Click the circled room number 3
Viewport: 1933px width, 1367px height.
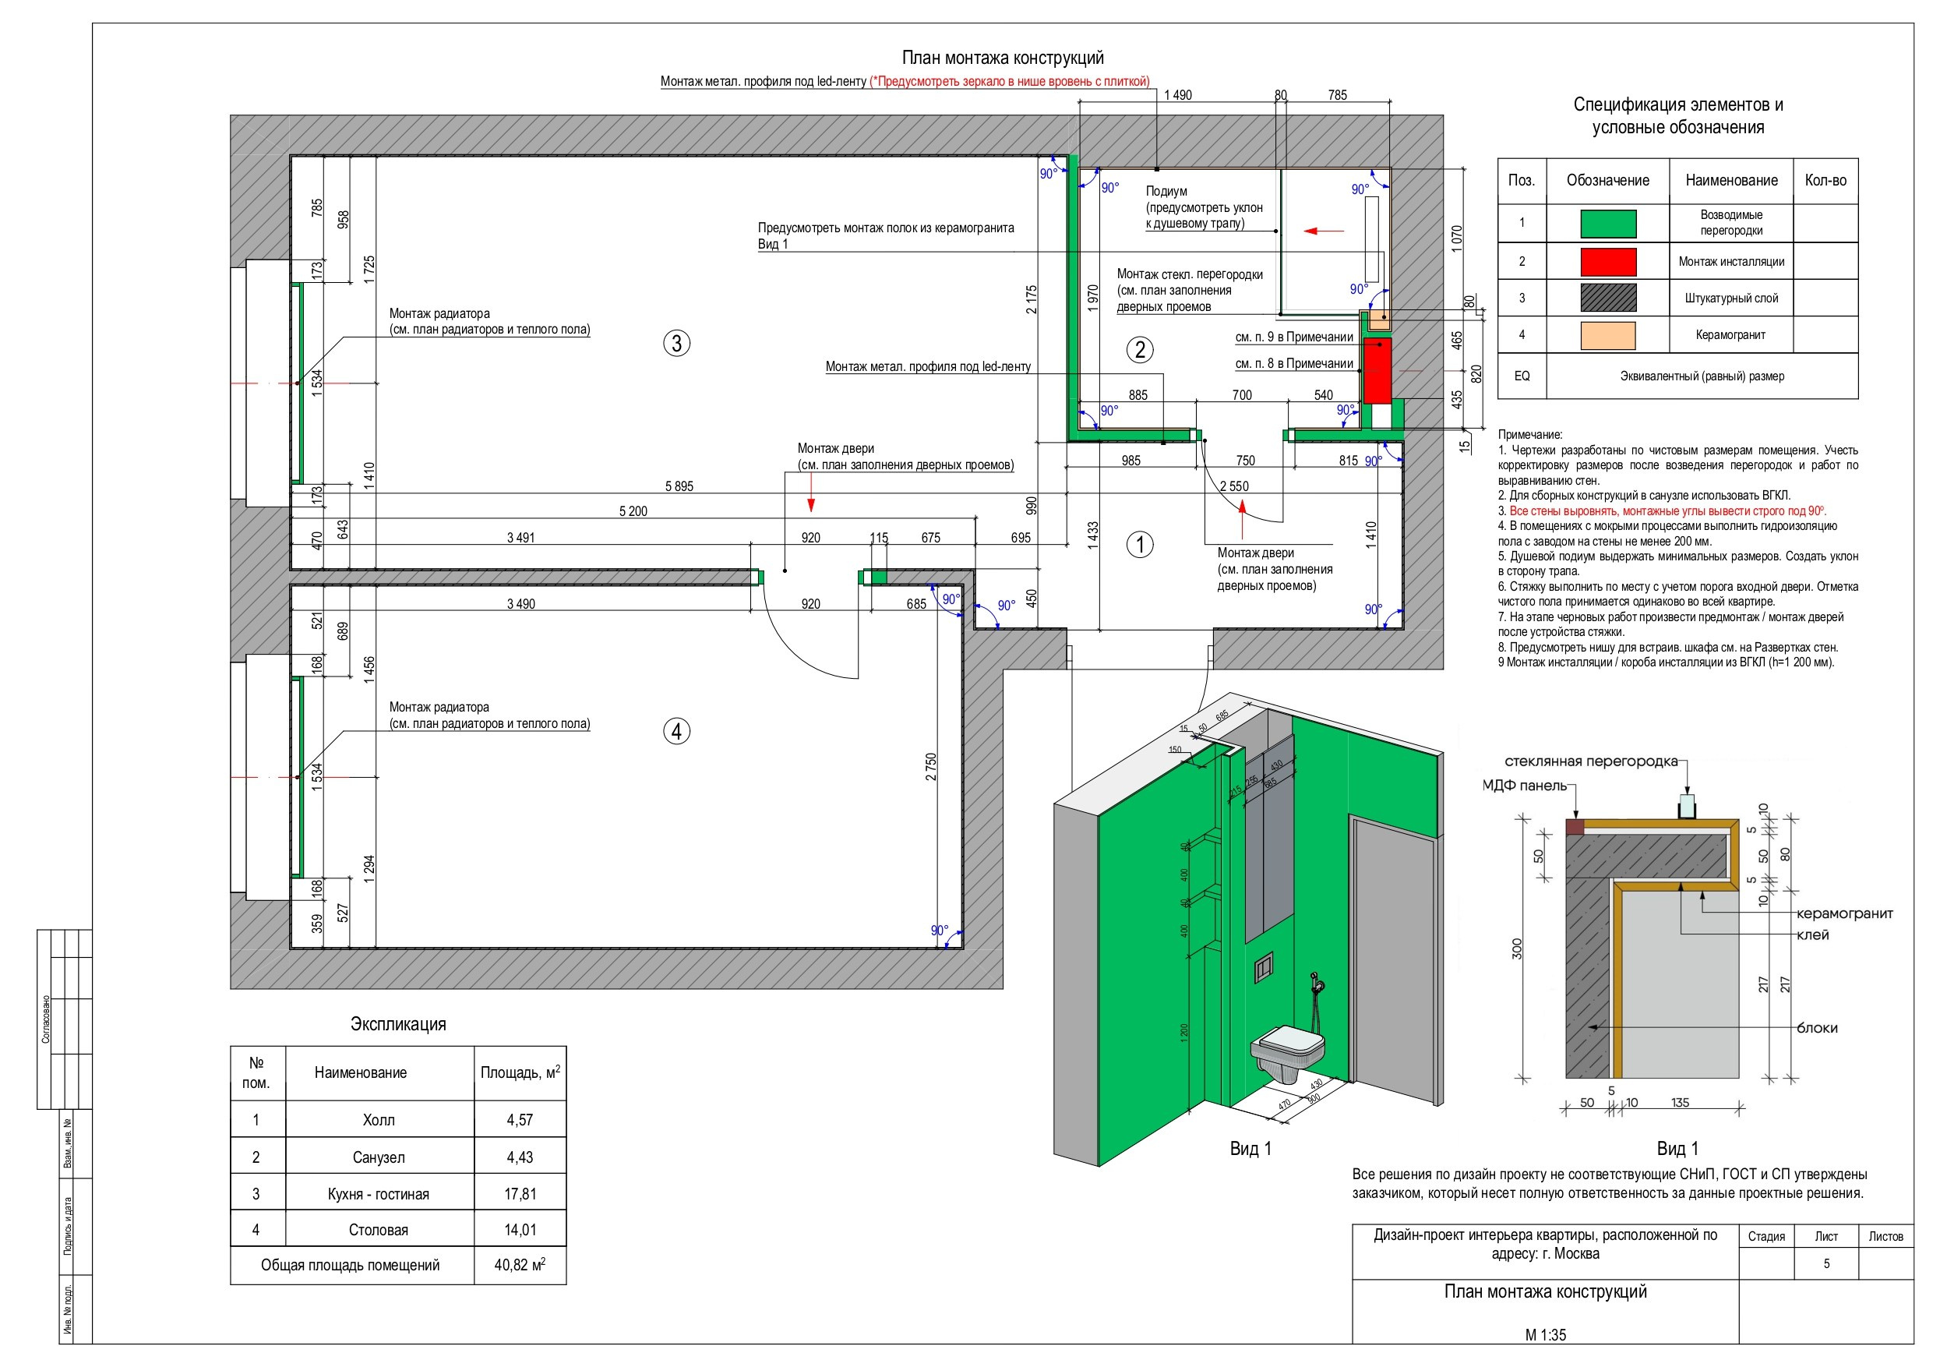click(x=677, y=343)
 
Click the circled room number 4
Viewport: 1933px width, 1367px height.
click(x=677, y=731)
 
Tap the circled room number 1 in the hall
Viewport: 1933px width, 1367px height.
click(x=1140, y=544)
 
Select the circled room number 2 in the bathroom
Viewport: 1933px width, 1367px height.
click(x=1140, y=349)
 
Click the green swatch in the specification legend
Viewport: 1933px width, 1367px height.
click(x=1608, y=223)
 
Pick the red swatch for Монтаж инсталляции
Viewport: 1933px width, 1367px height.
click(x=1608, y=262)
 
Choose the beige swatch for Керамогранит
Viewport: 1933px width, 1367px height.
click(x=1608, y=335)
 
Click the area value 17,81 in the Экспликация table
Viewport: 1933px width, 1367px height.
click(x=520, y=1193)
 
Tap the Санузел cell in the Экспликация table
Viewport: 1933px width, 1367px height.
click(x=379, y=1157)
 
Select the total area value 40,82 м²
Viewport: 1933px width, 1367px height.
click(x=520, y=1264)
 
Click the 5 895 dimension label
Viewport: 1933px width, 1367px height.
click(x=679, y=486)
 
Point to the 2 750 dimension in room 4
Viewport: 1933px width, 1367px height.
click(x=931, y=766)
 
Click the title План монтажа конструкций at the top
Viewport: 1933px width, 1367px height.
click(x=1003, y=57)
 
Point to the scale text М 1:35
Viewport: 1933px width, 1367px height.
click(x=1546, y=1335)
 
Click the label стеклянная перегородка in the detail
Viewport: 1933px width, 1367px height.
click(x=1590, y=761)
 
